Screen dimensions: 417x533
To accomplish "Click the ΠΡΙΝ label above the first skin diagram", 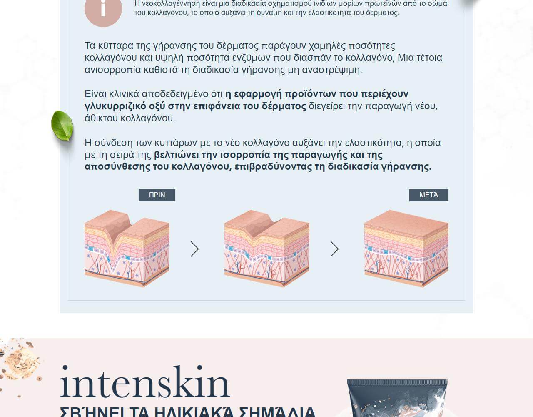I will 157,195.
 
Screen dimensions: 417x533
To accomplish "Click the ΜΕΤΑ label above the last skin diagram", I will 428,195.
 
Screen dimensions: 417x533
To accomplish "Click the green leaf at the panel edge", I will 62,126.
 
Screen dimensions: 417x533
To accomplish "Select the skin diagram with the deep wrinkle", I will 127,248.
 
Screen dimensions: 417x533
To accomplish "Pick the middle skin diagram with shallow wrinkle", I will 266,248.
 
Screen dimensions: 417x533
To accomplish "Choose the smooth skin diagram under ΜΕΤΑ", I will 406,248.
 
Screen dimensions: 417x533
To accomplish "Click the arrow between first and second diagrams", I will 194,249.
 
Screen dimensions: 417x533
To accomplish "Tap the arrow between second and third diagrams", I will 334,249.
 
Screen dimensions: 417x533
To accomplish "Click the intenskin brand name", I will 144,383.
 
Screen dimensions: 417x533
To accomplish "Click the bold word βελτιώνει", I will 177,155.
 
